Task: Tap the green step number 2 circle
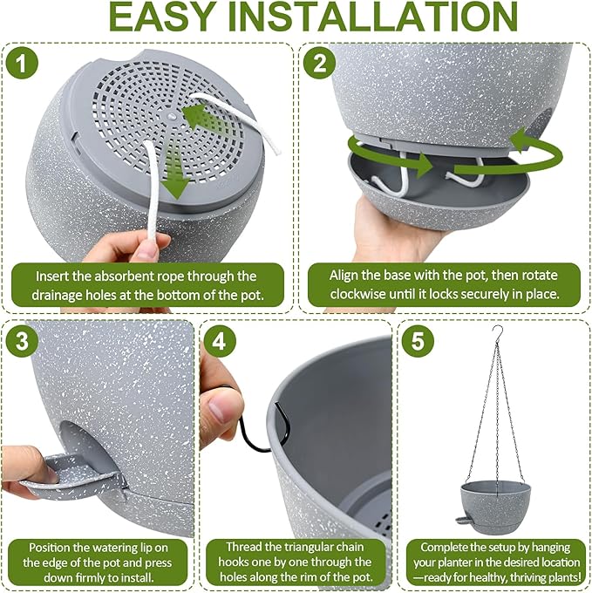(x=319, y=63)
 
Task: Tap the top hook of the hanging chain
(x=497, y=332)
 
